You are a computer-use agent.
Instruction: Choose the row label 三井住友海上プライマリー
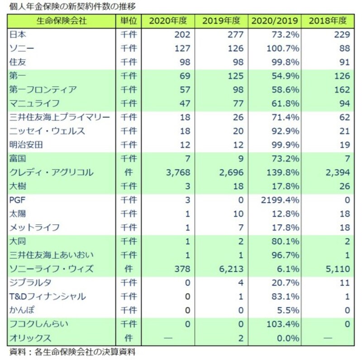pyautogui.click(x=59, y=117)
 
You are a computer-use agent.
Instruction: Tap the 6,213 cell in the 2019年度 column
pyautogui.click(x=231, y=269)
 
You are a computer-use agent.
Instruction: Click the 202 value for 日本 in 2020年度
pyautogui.click(x=183, y=34)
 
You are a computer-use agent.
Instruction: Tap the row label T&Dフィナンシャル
pyautogui.click(x=47, y=297)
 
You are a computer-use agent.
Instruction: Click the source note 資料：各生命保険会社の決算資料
pyautogui.click(x=72, y=351)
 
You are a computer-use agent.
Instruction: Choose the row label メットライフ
pyautogui.click(x=34, y=227)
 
